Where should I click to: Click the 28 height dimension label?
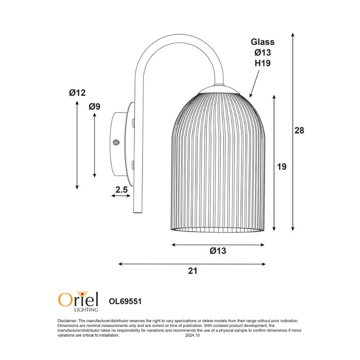299,130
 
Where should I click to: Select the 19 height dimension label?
281,166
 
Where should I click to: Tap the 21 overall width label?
193,271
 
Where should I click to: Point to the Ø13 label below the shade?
217,251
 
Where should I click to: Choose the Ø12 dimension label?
77,92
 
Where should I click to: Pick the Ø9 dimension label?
94,106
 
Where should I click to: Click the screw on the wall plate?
116,142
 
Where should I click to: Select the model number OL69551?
127,301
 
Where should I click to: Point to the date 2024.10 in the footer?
192,336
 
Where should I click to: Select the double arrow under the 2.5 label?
121,196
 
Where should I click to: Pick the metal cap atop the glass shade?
218,89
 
